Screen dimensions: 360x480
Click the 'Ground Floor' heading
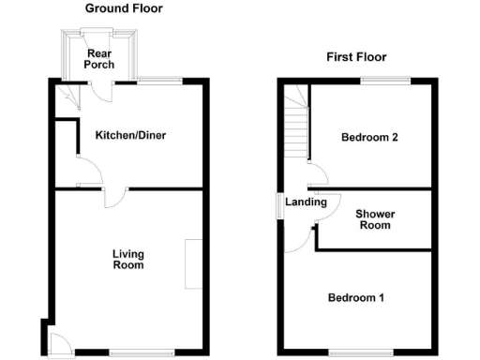pyautogui.click(x=124, y=8)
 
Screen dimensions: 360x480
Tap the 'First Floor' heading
pyautogui.click(x=356, y=57)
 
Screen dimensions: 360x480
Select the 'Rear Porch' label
pyautogui.click(x=99, y=59)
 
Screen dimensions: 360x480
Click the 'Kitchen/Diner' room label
pyautogui.click(x=131, y=135)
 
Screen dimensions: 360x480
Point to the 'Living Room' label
pyautogui.click(x=128, y=259)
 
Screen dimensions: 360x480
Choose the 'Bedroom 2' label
pyautogui.click(x=369, y=138)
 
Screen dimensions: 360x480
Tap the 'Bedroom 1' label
pyautogui.click(x=355, y=298)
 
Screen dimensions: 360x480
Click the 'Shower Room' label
pyautogui.click(x=375, y=219)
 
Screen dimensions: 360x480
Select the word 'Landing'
pyautogui.click(x=306, y=202)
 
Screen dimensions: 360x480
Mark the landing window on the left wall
pyautogui.click(x=277, y=205)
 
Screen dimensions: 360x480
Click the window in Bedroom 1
pyautogui.click(x=356, y=352)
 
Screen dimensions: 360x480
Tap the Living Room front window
pyautogui.click(x=128, y=352)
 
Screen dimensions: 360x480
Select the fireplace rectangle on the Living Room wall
pyautogui.click(x=193, y=263)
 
